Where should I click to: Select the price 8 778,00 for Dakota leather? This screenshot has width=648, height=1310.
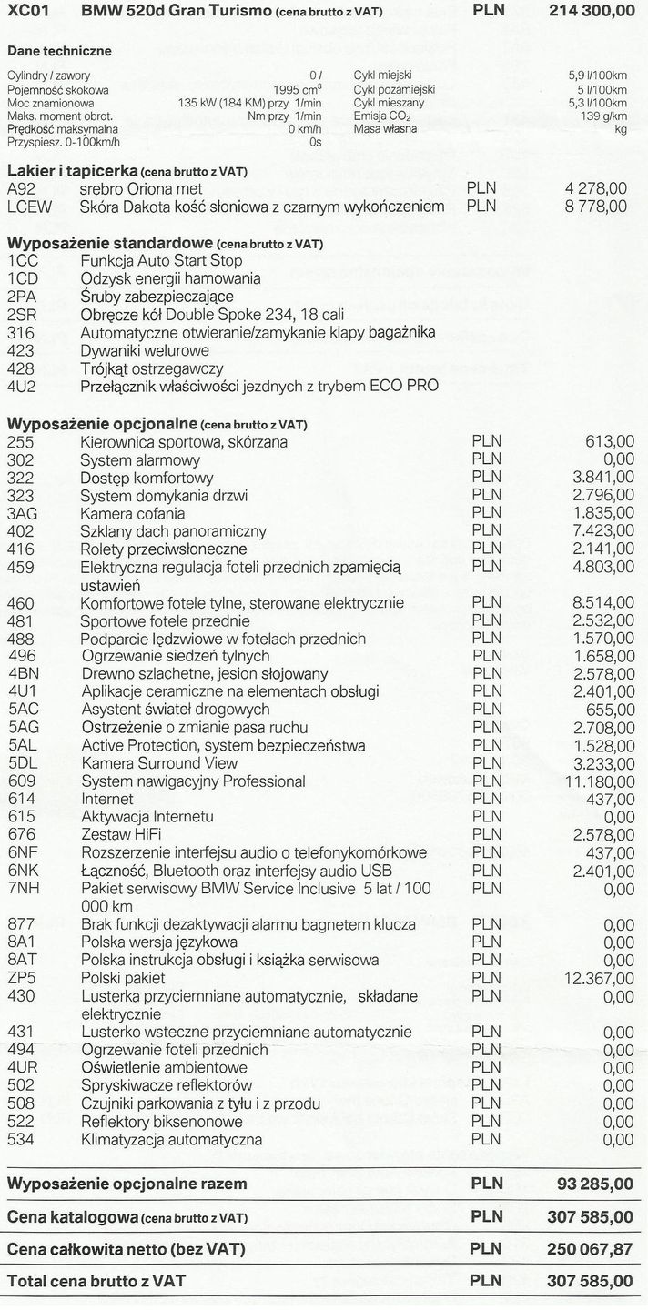click(x=596, y=207)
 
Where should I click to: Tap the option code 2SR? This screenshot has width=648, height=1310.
click(x=21, y=315)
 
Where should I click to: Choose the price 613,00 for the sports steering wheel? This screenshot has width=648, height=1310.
click(x=611, y=442)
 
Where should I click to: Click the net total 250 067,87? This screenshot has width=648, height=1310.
click(x=589, y=1249)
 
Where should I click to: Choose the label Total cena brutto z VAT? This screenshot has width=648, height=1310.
click(x=96, y=1281)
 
